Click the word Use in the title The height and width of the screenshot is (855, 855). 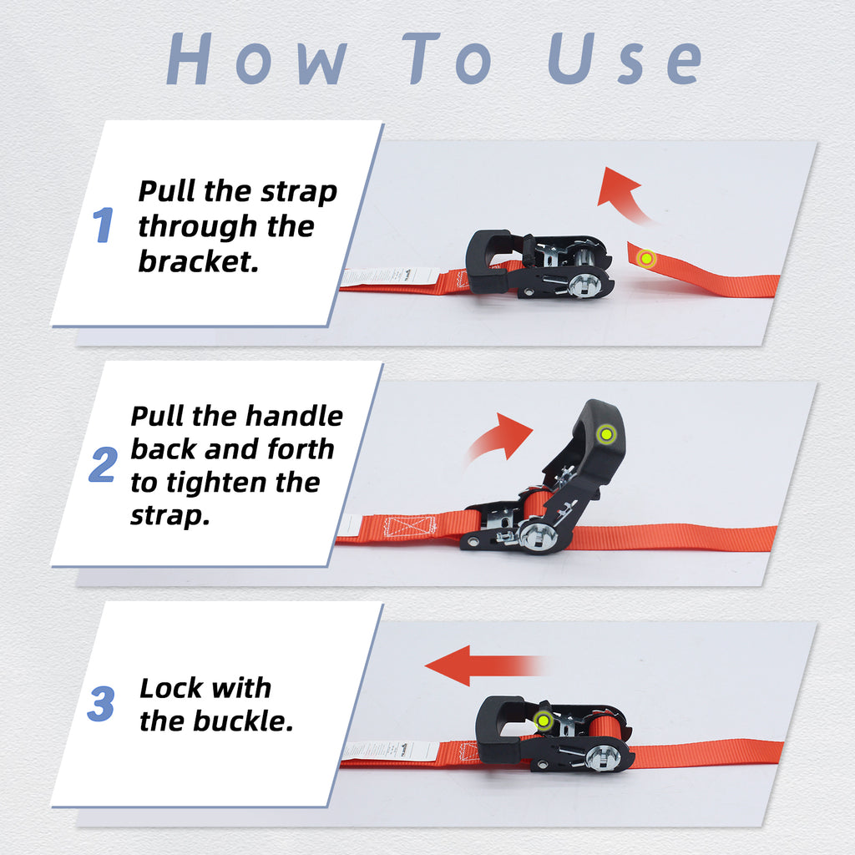tap(624, 59)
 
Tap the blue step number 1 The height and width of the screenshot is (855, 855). tap(103, 225)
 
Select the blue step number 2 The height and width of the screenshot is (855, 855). tap(103, 465)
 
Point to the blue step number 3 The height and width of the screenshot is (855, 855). tap(101, 705)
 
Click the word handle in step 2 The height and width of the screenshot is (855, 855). tap(291, 416)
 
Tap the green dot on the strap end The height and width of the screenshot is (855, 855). tap(645, 259)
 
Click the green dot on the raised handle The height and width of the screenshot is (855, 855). tap(605, 434)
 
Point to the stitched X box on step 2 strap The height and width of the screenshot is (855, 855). tap(409, 527)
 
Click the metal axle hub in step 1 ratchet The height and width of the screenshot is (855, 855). tap(584, 285)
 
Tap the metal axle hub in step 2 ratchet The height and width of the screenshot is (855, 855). tap(537, 535)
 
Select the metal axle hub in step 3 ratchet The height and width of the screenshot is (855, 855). tap(602, 757)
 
